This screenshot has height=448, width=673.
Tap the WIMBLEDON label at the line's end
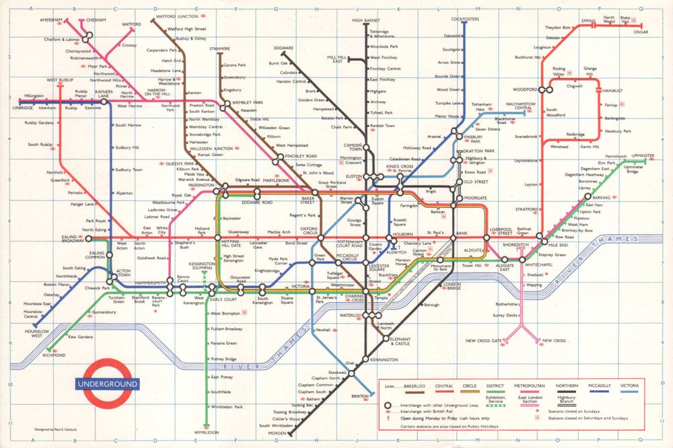click(207, 433)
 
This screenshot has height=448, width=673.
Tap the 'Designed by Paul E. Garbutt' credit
click(58, 428)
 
